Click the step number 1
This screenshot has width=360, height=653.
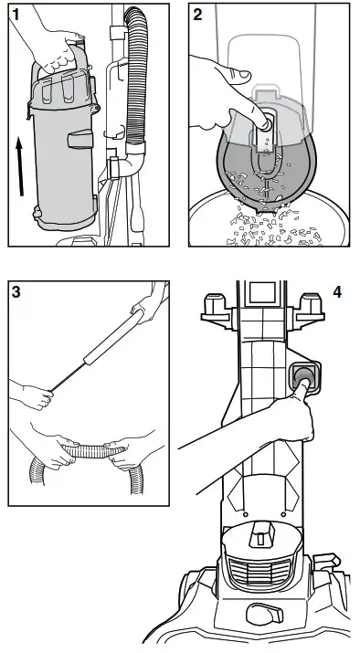[16, 15]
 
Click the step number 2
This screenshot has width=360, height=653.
[197, 15]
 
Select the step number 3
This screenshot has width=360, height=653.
[16, 292]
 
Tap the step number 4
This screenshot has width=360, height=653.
[337, 292]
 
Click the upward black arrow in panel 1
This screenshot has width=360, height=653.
[19, 167]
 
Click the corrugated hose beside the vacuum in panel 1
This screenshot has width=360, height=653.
[136, 75]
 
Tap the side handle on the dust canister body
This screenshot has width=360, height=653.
[80, 139]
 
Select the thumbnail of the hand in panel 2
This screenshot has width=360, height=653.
[244, 76]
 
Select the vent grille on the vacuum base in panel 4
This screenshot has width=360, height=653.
[259, 572]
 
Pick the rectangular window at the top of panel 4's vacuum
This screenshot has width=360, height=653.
[262, 293]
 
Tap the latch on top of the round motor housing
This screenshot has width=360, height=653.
[261, 534]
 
